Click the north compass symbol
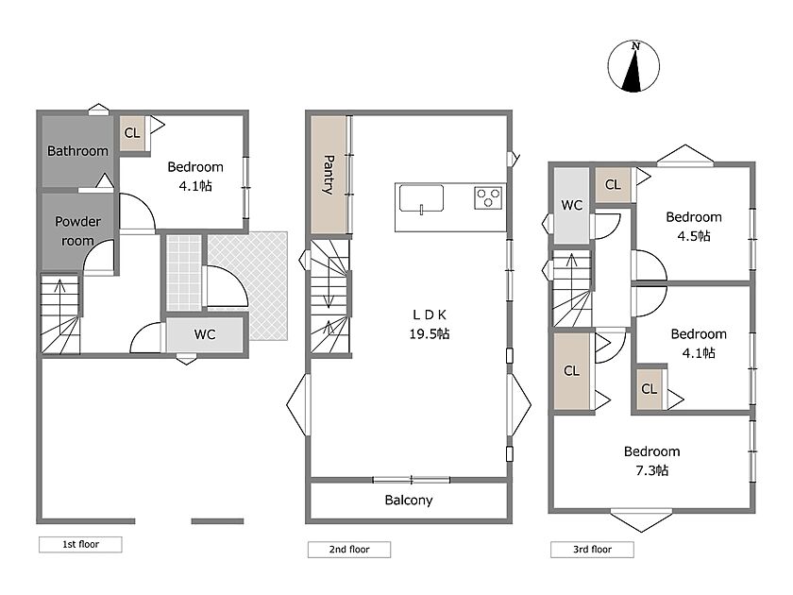pyautogui.click(x=633, y=66)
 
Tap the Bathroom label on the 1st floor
pyautogui.click(x=77, y=151)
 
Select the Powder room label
pyautogui.click(x=77, y=230)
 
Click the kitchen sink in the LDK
pyautogui.click(x=421, y=198)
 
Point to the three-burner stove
pyautogui.click(x=488, y=197)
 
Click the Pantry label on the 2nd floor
pyautogui.click(x=329, y=175)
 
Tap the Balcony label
pyautogui.click(x=409, y=501)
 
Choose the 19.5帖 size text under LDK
pyautogui.click(x=430, y=334)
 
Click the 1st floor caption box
pyautogui.click(x=80, y=544)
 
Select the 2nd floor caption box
pyautogui.click(x=349, y=550)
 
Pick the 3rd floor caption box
pyautogui.click(x=592, y=550)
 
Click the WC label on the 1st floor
pyautogui.click(x=205, y=334)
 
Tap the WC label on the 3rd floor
pyautogui.click(x=571, y=206)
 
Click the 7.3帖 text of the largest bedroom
pyautogui.click(x=652, y=470)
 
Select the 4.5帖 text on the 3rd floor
pyautogui.click(x=694, y=236)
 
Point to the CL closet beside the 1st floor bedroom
pyautogui.click(x=132, y=133)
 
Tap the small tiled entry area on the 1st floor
pyautogui.click(x=184, y=273)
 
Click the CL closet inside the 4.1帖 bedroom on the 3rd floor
pyautogui.click(x=650, y=388)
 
